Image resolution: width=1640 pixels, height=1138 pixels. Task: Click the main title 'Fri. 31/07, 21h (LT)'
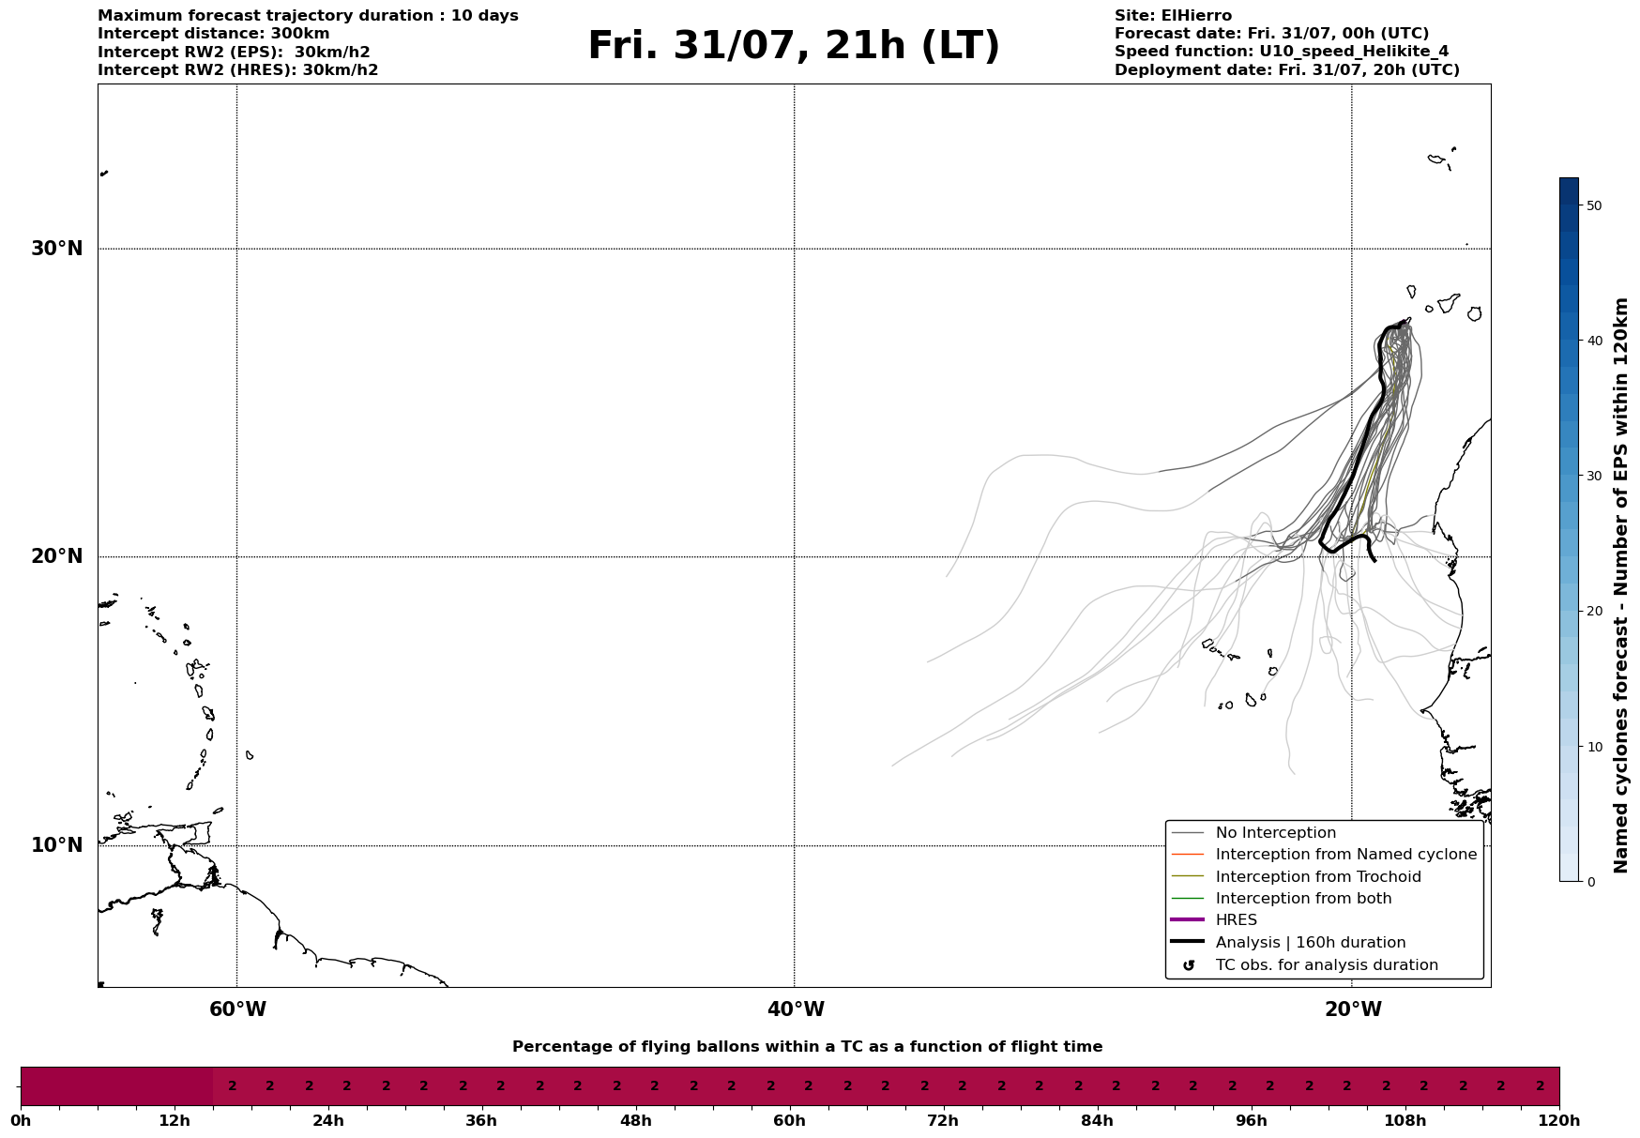pyautogui.click(x=794, y=47)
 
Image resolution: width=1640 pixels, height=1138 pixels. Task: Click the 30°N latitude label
pyautogui.click(x=57, y=249)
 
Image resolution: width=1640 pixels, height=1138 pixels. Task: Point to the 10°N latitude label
pyautogui.click(x=57, y=845)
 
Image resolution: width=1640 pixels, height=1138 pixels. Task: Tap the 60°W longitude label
pyautogui.click(x=237, y=1009)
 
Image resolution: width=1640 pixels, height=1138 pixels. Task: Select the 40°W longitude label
pyautogui.click(x=796, y=1009)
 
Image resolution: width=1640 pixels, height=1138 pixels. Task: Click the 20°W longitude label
pyautogui.click(x=1353, y=1009)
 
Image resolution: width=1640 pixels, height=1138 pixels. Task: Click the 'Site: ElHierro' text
pyautogui.click(x=1173, y=16)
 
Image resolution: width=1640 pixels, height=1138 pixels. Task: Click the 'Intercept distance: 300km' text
pyautogui.click(x=214, y=34)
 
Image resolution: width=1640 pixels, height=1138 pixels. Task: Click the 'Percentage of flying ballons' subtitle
pyautogui.click(x=807, y=1047)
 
